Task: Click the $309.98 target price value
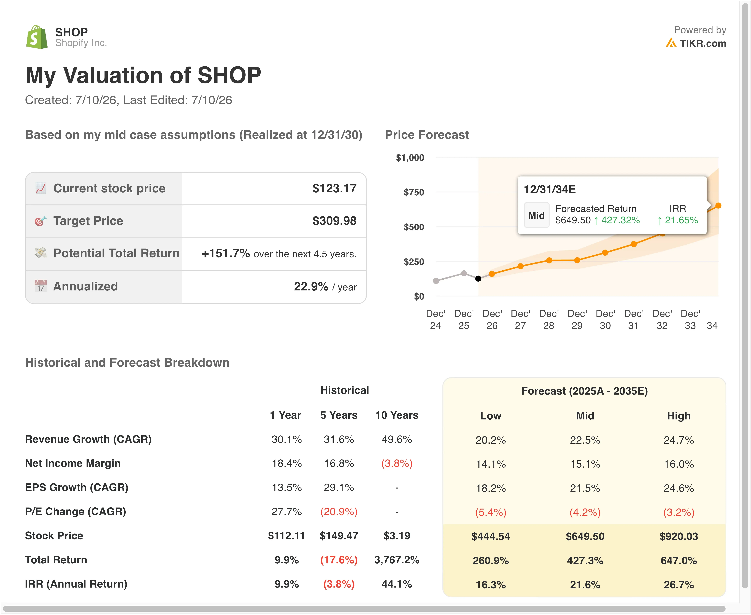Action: point(334,221)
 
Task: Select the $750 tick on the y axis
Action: point(414,192)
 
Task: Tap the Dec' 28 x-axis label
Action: point(548,320)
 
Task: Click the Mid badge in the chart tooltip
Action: point(536,215)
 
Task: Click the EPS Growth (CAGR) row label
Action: point(77,488)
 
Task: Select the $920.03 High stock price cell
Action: point(679,536)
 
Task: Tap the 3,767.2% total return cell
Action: point(397,560)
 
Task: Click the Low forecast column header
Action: point(491,416)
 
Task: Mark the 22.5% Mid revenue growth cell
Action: point(585,440)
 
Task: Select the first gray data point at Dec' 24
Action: point(436,281)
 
